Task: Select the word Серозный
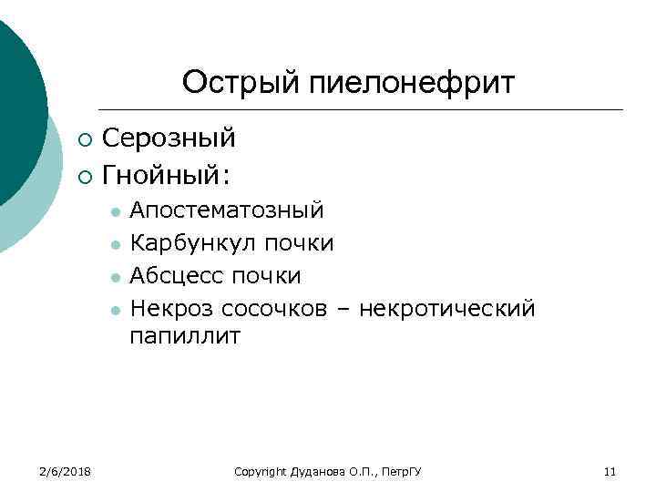pyautogui.click(x=169, y=138)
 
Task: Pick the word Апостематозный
pyautogui.click(x=226, y=211)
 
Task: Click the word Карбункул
pyautogui.click(x=195, y=243)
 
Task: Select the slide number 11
pyautogui.click(x=610, y=471)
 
